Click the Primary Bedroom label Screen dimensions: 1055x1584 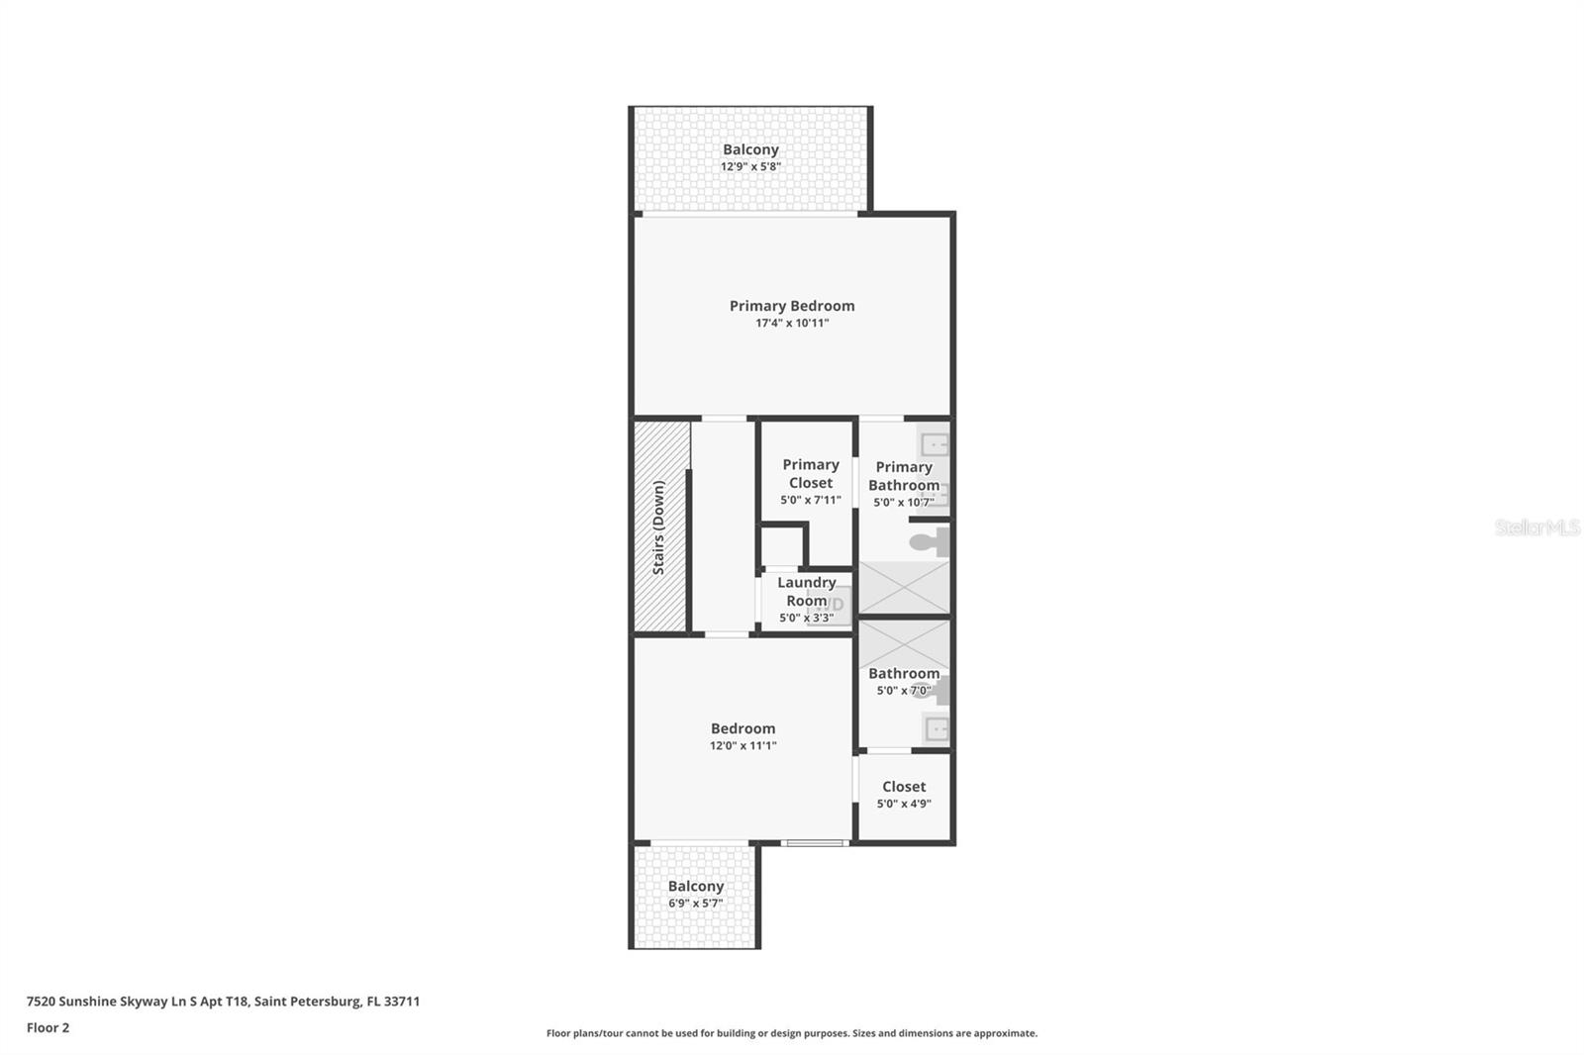click(x=792, y=306)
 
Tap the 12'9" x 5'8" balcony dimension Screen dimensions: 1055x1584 click(x=750, y=167)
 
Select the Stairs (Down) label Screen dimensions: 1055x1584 click(x=659, y=527)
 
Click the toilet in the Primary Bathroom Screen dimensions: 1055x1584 click(x=931, y=541)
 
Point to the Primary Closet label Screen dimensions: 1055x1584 click(x=811, y=473)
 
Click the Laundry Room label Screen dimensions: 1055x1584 click(x=806, y=592)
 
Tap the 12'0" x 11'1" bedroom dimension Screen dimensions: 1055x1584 click(x=742, y=746)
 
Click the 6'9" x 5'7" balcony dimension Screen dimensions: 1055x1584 click(x=695, y=904)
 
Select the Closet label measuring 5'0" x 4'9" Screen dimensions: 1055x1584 click(x=904, y=787)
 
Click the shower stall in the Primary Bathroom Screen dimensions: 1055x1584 click(x=904, y=588)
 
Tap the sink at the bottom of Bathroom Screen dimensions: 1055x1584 click(x=936, y=730)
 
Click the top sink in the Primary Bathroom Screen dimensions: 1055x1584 click(x=934, y=443)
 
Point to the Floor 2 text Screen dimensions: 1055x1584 click(x=48, y=1027)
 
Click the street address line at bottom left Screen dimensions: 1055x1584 click(x=223, y=1002)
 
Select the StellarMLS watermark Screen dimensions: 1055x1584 click(x=1536, y=527)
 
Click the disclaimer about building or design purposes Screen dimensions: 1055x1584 click(x=792, y=1033)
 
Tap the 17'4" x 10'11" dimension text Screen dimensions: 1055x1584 click(x=792, y=324)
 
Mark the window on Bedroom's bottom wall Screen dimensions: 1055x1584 click(x=815, y=843)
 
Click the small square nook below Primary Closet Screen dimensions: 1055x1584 click(x=781, y=546)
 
